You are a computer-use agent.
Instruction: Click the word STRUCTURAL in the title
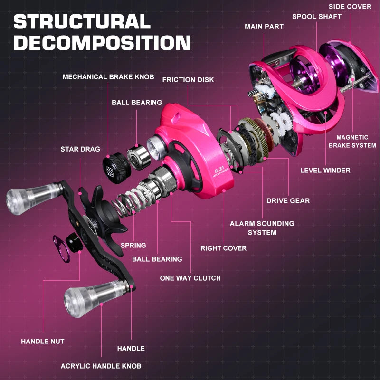tap(82, 21)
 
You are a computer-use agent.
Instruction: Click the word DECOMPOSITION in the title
tap(102, 43)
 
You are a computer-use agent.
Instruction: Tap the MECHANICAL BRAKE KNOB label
tap(108, 77)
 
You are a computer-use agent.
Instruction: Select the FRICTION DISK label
tap(188, 80)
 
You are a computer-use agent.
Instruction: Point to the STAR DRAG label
tap(80, 149)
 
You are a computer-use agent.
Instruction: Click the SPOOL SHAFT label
tap(316, 17)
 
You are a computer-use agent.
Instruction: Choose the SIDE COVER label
tap(350, 7)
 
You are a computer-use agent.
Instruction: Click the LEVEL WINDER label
tap(325, 170)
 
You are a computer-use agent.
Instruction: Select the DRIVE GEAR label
tap(288, 201)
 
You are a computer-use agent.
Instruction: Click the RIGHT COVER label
tap(223, 248)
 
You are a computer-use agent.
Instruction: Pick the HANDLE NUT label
tap(43, 341)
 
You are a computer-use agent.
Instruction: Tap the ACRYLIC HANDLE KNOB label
tap(101, 366)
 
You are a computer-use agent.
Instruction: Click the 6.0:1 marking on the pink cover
tap(218, 169)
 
